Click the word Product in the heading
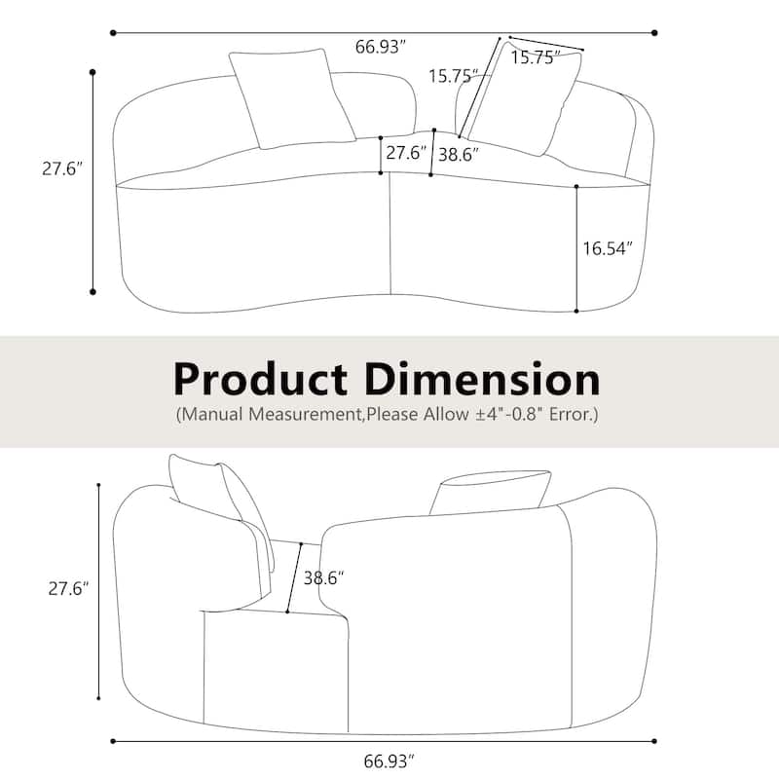click(x=259, y=378)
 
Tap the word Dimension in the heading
click(x=483, y=378)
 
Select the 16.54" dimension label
click(x=608, y=248)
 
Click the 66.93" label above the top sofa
click(x=380, y=48)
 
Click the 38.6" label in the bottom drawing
click(x=323, y=577)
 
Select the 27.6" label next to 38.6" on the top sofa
click(x=406, y=153)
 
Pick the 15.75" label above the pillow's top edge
click(x=533, y=57)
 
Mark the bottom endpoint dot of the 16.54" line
click(x=576, y=312)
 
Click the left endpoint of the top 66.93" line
click(x=113, y=32)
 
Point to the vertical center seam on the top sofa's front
click(x=390, y=234)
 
